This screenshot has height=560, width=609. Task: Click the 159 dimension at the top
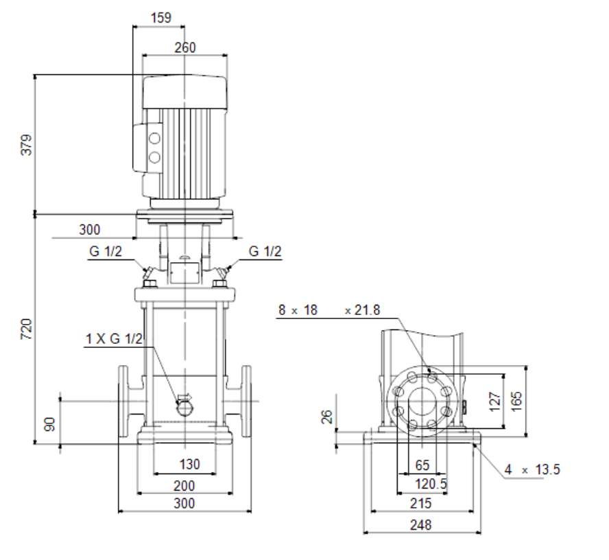[x=160, y=17]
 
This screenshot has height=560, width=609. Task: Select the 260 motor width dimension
[x=185, y=47]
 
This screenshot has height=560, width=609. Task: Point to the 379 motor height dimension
[x=26, y=145]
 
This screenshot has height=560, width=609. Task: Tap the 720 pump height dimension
[x=26, y=329]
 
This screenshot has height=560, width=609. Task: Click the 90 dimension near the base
[x=49, y=424]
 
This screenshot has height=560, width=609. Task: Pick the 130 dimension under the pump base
[x=189, y=464]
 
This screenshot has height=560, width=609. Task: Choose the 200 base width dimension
[x=184, y=486]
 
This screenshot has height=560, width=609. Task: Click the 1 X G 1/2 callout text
[x=114, y=339]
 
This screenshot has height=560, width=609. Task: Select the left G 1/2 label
[x=106, y=251]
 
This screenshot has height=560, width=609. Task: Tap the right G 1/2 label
[x=265, y=251]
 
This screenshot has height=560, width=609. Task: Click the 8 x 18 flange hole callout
[x=298, y=310]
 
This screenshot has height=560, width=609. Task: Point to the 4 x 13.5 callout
[x=532, y=469]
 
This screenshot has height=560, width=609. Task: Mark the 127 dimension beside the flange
[x=495, y=401]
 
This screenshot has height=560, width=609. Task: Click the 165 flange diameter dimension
[x=516, y=401]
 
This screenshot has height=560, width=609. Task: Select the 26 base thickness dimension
[x=327, y=417]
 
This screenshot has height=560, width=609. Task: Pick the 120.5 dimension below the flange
[x=431, y=484]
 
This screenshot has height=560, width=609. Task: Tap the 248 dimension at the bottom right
[x=420, y=525]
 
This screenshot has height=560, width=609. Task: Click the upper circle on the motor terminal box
[x=154, y=139]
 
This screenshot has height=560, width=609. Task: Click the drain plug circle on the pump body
[x=186, y=408]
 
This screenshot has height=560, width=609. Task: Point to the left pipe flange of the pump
[x=123, y=401]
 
